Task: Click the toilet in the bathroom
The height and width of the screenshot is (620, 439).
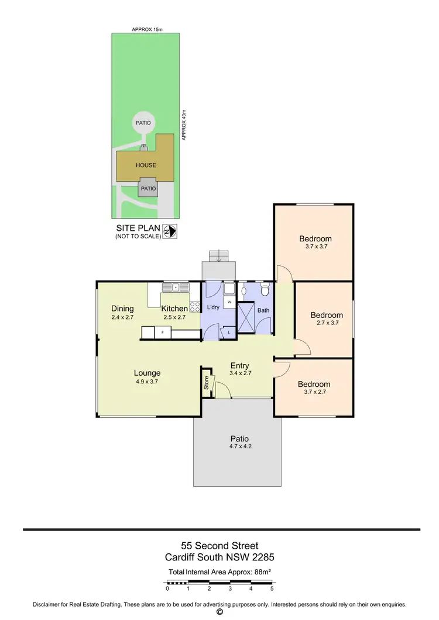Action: click(x=265, y=289)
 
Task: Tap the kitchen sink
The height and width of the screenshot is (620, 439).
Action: click(x=176, y=288)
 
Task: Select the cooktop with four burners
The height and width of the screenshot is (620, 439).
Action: click(x=195, y=304)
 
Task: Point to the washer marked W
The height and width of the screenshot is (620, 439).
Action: click(x=229, y=302)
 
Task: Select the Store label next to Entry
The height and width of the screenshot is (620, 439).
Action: click(x=207, y=383)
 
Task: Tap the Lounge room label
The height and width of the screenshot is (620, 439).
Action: click(x=147, y=373)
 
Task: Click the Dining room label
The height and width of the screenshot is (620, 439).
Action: click(x=122, y=309)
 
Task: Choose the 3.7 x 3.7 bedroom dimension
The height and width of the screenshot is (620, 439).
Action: click(x=315, y=247)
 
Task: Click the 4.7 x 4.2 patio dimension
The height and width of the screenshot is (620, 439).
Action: click(x=239, y=447)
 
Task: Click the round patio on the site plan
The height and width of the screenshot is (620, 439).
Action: click(x=143, y=123)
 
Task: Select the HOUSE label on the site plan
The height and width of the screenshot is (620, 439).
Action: click(x=146, y=165)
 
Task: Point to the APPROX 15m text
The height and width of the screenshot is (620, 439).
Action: click(x=146, y=29)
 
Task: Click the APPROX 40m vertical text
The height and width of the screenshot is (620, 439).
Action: click(x=184, y=124)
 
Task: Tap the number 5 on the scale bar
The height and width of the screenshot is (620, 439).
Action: click(x=272, y=588)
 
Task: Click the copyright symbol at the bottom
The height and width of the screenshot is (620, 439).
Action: click(x=220, y=612)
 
